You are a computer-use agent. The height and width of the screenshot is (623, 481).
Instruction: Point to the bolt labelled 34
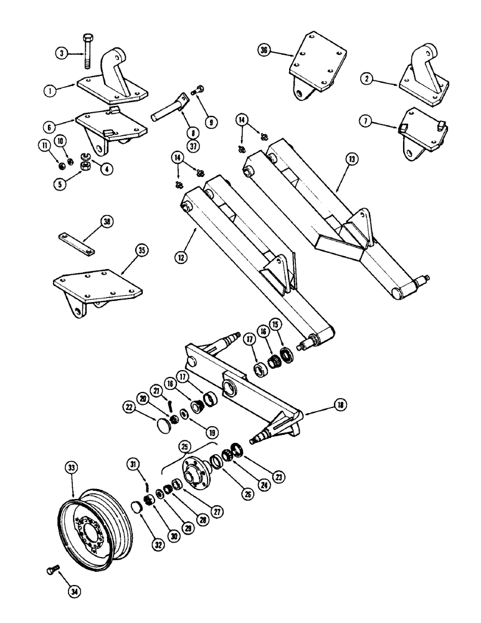pos(52,570)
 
